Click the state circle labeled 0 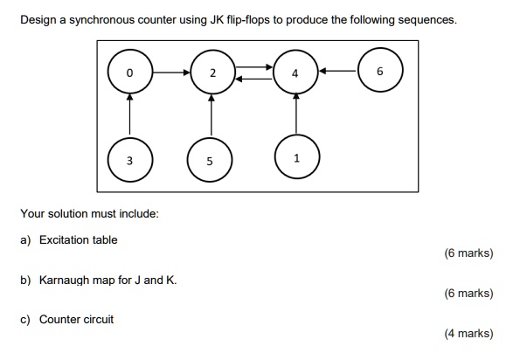click(x=129, y=73)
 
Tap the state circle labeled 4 click(x=295, y=73)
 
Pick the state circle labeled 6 click(x=378, y=73)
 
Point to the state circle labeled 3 click(x=129, y=160)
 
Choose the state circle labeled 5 click(x=210, y=161)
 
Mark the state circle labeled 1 click(x=296, y=158)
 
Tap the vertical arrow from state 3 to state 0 click(x=129, y=116)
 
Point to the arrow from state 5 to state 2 click(x=211, y=116)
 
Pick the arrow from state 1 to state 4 click(x=296, y=114)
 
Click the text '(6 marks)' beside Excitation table click(x=468, y=253)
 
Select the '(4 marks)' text click(x=468, y=333)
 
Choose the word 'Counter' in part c click(x=60, y=319)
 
